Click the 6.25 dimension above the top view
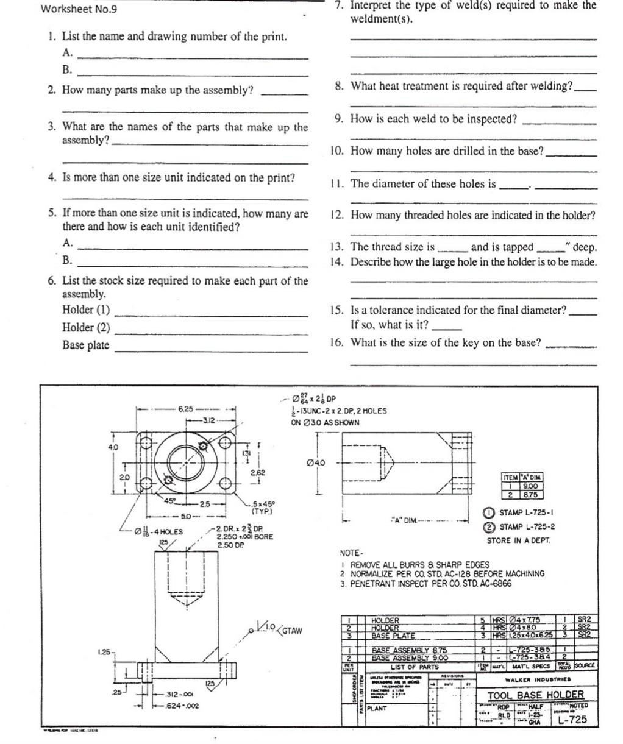pos(185,409)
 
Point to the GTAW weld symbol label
pos(292,630)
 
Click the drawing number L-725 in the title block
pos(573,719)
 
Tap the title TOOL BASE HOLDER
pos(535,695)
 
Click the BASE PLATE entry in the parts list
pos(393,635)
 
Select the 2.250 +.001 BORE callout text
pos(244,537)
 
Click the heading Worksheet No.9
pos(79,9)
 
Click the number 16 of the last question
pos(336,342)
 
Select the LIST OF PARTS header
pos(415,667)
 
